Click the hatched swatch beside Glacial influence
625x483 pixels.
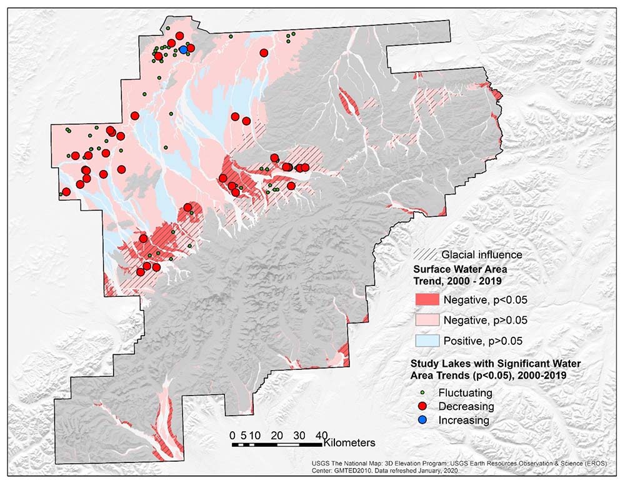(x=426, y=254)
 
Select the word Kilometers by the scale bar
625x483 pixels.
(x=349, y=442)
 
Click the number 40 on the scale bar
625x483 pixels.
(x=321, y=435)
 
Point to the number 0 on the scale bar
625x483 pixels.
(x=232, y=435)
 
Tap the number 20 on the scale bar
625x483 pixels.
(x=277, y=435)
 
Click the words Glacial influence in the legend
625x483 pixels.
(x=481, y=254)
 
